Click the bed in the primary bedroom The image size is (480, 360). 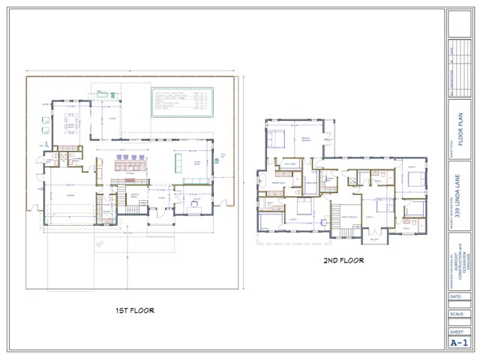coord(277,137)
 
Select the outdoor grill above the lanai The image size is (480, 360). coord(102,94)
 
